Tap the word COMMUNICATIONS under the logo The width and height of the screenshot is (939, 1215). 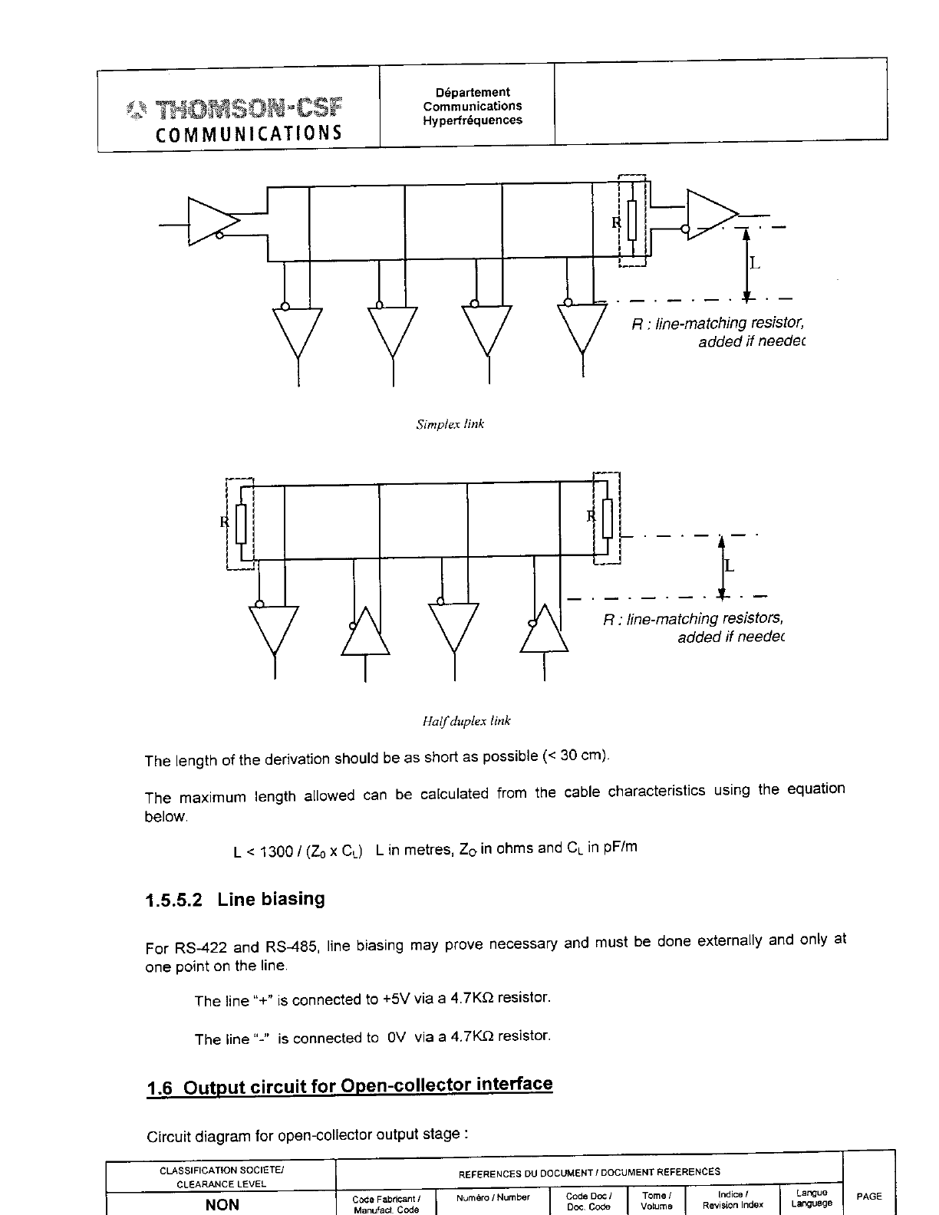click(249, 133)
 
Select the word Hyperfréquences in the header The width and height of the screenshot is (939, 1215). click(473, 120)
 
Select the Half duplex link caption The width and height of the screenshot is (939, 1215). click(466, 721)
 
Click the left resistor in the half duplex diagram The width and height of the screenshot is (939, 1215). click(240, 523)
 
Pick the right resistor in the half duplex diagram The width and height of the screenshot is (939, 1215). click(608, 518)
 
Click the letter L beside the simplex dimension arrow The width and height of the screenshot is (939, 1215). click(755, 264)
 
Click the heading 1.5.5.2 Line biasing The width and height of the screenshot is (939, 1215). click(235, 899)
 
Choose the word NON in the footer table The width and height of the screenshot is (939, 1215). click(222, 1203)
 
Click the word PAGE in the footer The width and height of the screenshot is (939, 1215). click(869, 1196)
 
